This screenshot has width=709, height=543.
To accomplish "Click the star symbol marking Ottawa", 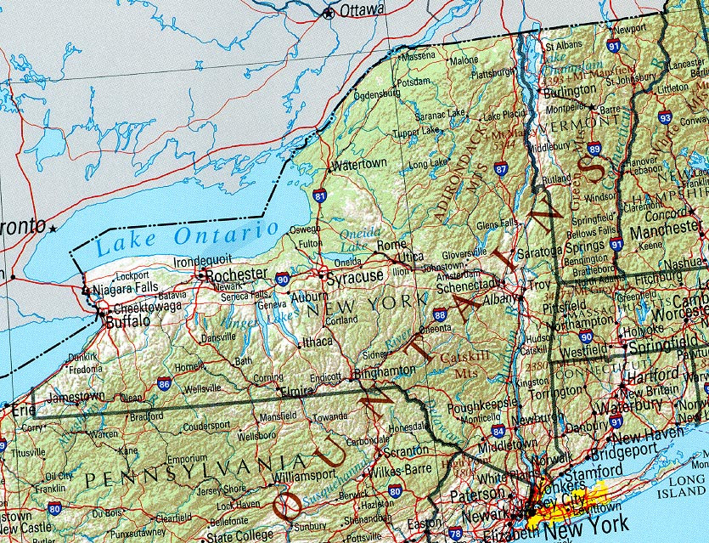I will [329, 13].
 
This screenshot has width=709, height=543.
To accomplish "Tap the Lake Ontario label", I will [187, 238].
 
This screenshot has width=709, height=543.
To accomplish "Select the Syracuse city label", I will [356, 275].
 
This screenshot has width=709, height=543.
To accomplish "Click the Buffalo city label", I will [127, 321].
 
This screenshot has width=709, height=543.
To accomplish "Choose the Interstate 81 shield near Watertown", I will [319, 196].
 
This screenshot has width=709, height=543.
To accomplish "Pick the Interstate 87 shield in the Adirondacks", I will [501, 169].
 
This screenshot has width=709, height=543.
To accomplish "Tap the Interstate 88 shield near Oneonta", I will [439, 315].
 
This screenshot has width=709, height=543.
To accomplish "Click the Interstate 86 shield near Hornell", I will [163, 384].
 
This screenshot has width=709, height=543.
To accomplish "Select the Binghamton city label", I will [386, 370].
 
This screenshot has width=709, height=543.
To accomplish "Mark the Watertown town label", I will [361, 163].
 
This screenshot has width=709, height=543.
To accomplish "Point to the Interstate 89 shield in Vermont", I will [594, 149].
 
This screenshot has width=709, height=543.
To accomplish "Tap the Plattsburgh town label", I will [493, 73].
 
